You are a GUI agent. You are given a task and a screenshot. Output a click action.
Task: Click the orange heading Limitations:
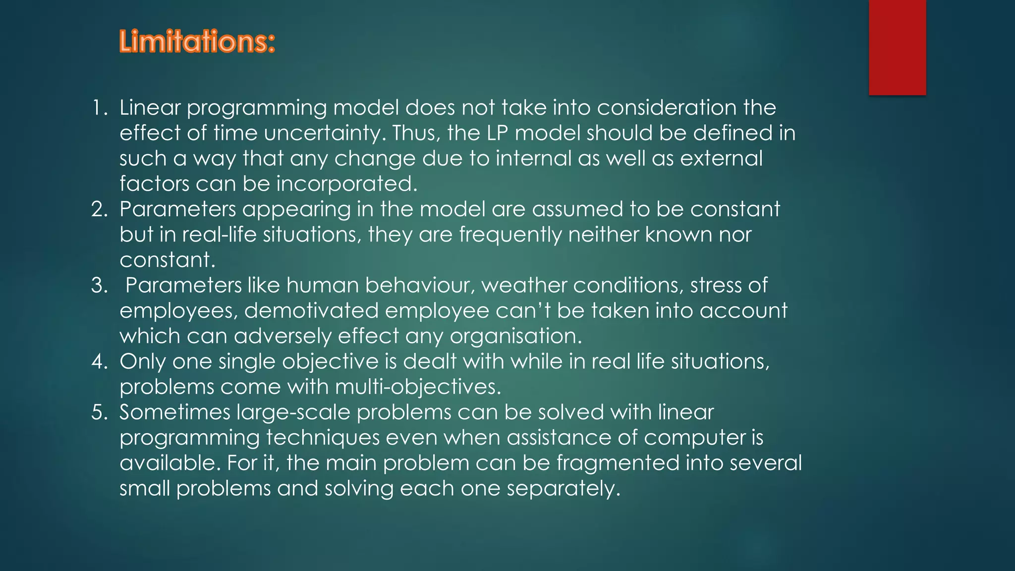[197, 42]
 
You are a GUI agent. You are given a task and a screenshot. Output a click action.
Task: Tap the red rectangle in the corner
[897, 47]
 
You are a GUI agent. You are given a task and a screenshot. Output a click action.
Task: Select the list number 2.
[99, 210]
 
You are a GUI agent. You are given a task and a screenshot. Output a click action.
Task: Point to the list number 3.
[99, 285]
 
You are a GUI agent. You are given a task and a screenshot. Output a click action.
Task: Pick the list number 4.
[99, 361]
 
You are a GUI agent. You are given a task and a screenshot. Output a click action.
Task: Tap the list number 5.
[99, 412]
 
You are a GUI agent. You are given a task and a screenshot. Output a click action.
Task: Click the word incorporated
[346, 184]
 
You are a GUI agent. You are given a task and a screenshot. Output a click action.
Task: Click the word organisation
[515, 337]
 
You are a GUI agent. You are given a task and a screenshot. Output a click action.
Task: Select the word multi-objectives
[418, 387]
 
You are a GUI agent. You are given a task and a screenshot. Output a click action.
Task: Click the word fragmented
[618, 463]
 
